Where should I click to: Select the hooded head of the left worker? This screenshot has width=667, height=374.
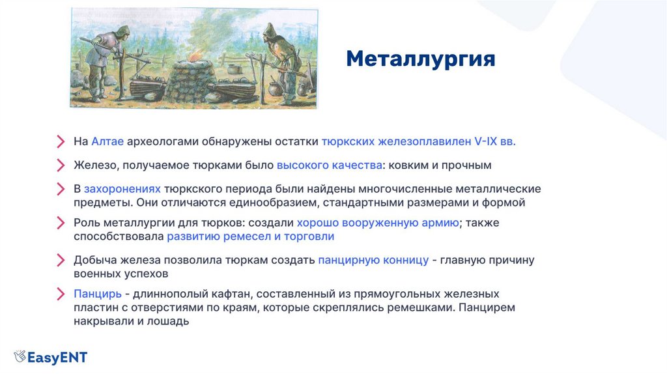point(122,33)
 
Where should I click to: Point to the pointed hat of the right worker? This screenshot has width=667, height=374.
point(270,31)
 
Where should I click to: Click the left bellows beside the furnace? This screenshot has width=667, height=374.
point(147,87)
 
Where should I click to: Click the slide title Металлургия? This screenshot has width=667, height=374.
point(421,59)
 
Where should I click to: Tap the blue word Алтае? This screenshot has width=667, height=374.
point(107,141)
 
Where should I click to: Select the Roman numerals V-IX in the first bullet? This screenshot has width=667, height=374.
point(485,141)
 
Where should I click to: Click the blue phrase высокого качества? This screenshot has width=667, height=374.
point(329,165)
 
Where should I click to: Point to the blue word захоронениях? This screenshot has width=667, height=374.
point(122,189)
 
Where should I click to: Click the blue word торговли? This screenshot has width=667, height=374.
point(309,237)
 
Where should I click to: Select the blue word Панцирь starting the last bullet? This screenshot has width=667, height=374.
point(98,294)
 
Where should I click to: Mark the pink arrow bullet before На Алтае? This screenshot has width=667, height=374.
point(61,141)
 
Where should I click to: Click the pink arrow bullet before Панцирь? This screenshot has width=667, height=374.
point(61,294)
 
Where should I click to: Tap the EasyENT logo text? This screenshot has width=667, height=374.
point(57,358)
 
